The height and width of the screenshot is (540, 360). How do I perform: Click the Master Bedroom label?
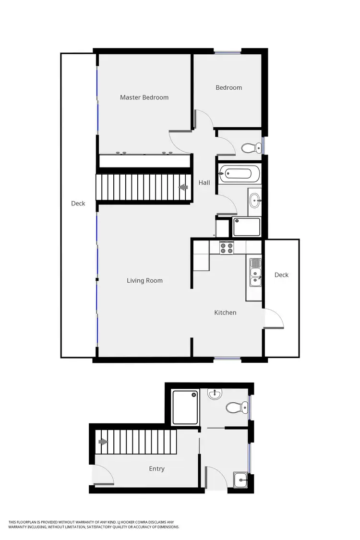pos(144,97)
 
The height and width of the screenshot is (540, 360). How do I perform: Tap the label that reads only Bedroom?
pos(228,88)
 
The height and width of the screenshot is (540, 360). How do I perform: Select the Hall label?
pos(204,182)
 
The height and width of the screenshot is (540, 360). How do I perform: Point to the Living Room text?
pos(144,281)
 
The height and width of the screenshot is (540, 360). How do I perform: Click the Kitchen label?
pos(225,313)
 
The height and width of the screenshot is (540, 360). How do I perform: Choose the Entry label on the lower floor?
pos(157,469)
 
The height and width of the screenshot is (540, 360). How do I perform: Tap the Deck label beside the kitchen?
pos(282,275)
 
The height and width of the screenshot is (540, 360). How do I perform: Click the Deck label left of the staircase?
pos(78,204)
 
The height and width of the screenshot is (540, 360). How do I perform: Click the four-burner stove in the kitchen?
pos(227,248)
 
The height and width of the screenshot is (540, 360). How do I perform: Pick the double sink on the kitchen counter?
pos(255,272)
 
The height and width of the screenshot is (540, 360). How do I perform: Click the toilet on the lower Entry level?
pos(234,408)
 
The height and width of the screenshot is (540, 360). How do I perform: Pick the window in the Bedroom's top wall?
pos(228,51)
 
